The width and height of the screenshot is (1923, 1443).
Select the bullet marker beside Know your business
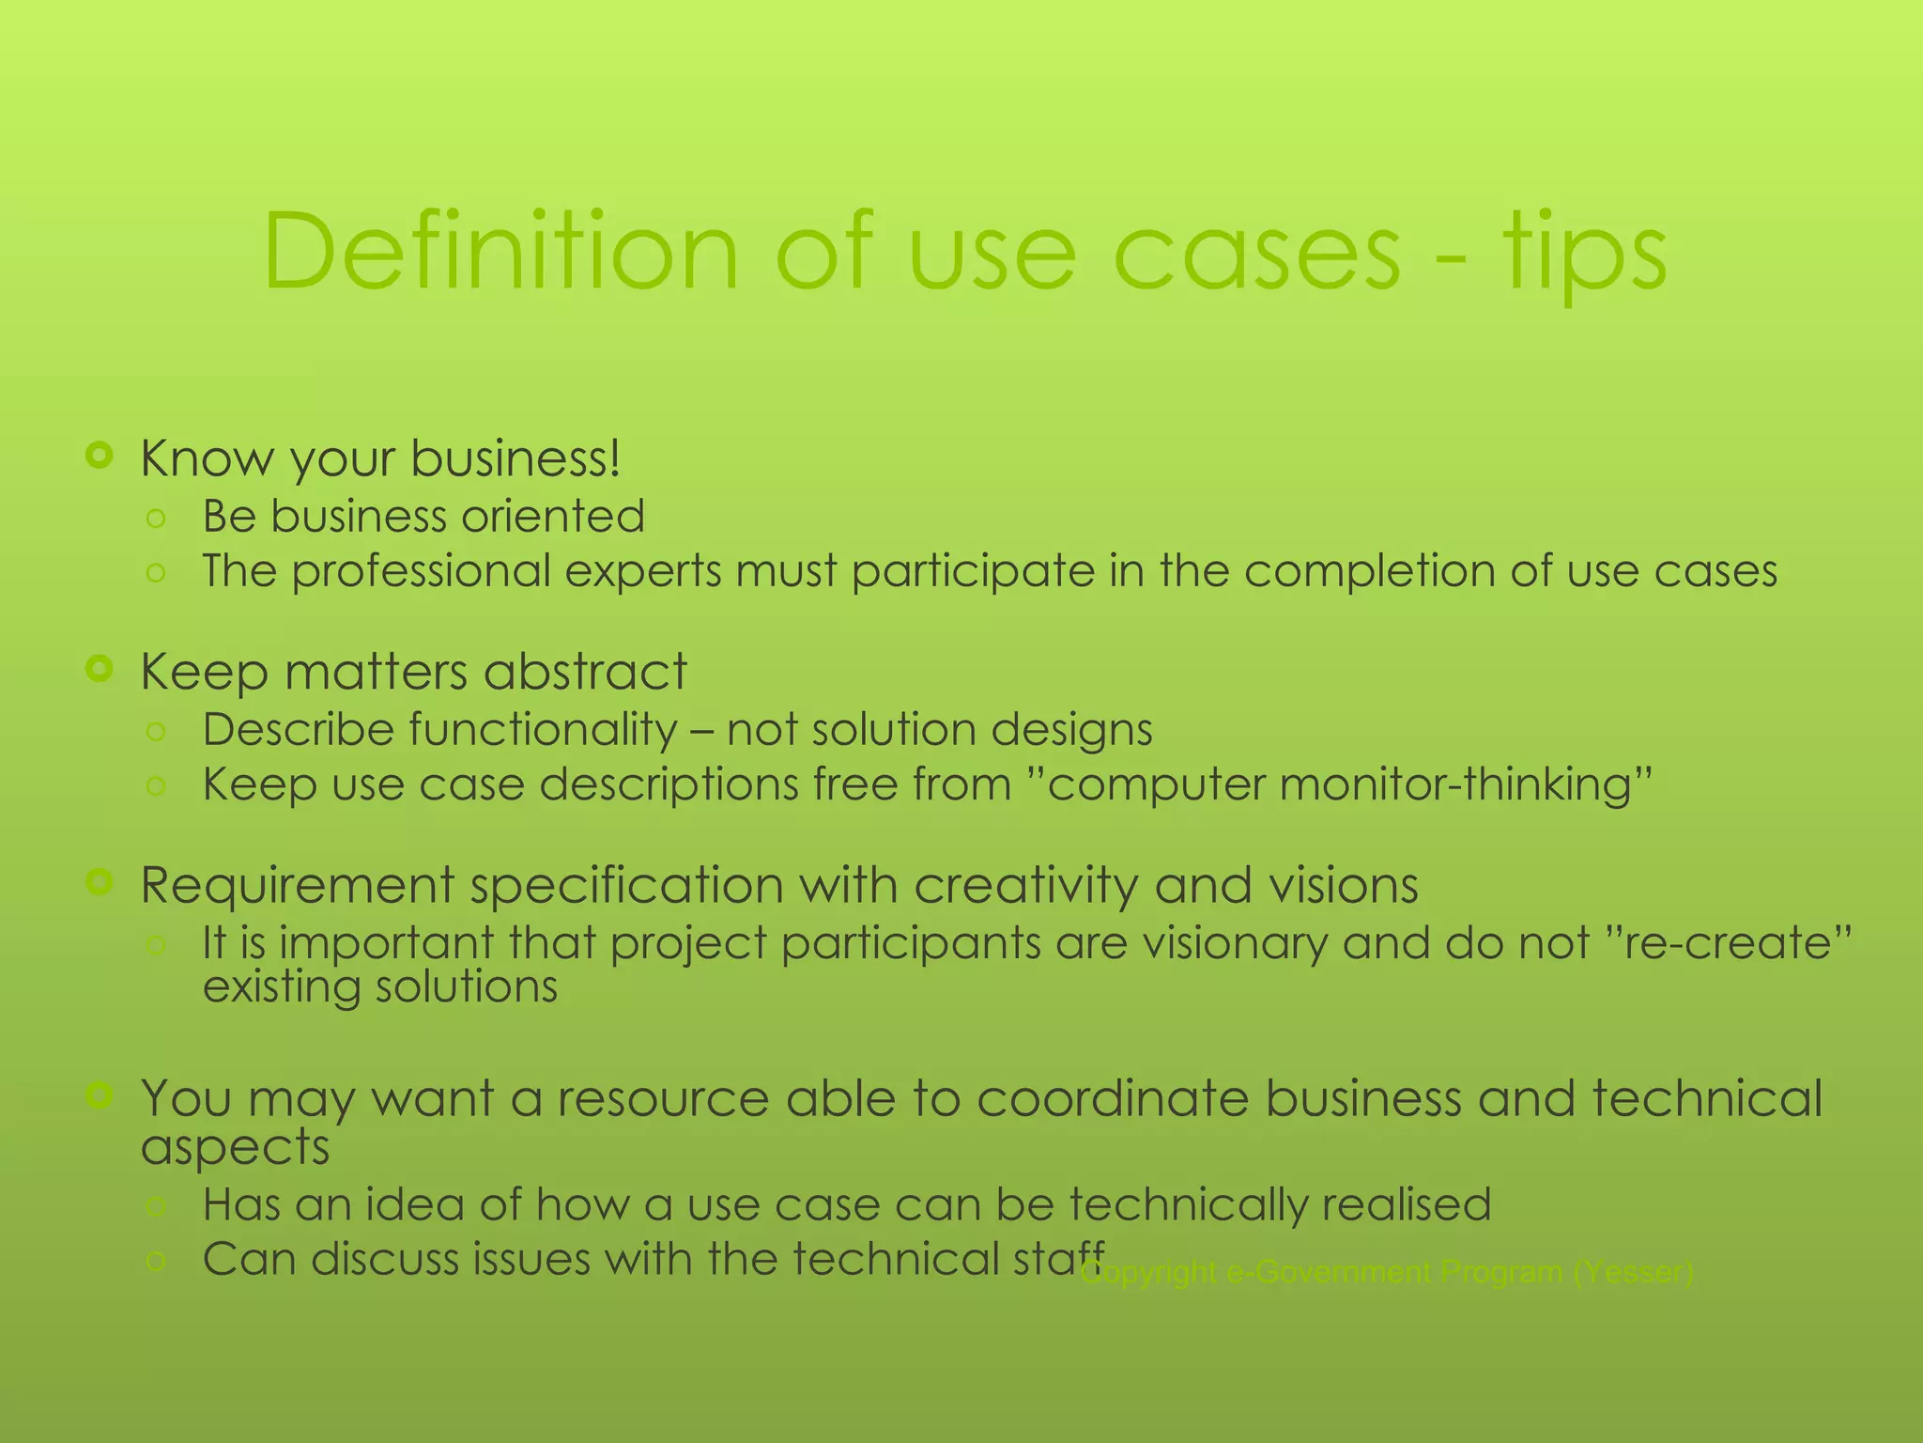(99, 457)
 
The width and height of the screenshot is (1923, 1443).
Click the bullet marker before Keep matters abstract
(99, 669)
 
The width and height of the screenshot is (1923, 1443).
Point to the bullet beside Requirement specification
(99, 881)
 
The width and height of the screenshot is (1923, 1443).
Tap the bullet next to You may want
(99, 1094)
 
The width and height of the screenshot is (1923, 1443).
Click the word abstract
(585, 672)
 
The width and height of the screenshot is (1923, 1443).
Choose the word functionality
(439, 730)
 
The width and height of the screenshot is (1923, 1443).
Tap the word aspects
(235, 1148)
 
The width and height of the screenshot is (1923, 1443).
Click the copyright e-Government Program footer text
(1388, 1273)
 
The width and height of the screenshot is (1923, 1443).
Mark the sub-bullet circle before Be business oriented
(157, 518)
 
